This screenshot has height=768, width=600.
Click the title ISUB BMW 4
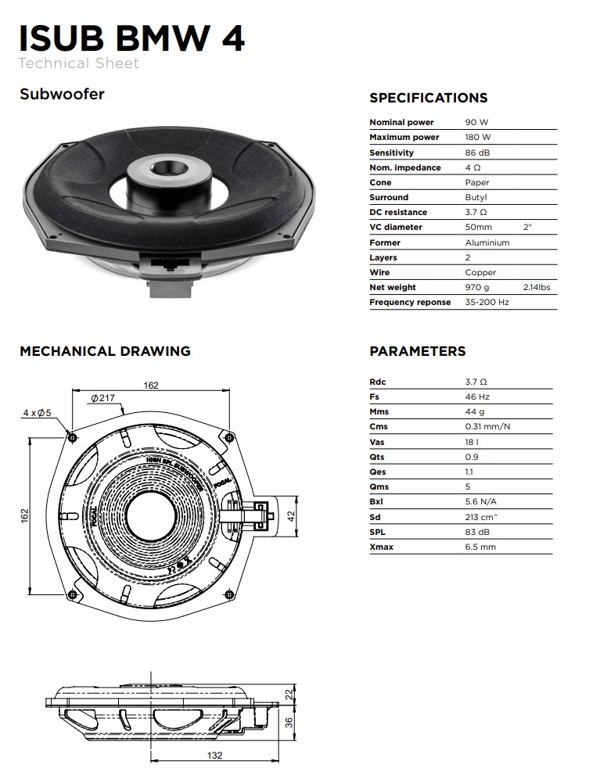tap(131, 38)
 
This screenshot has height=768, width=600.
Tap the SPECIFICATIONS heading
tap(429, 98)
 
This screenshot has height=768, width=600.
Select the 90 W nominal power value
tap(476, 122)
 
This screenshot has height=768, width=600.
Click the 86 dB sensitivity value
tap(477, 153)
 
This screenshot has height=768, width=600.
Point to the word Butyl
tap(476, 197)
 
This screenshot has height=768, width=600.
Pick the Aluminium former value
tap(487, 242)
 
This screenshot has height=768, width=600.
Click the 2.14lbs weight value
tap(537, 287)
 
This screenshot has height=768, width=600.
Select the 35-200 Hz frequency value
tap(487, 302)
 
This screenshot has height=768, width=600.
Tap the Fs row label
tap(374, 397)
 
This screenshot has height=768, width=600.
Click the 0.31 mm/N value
tap(487, 426)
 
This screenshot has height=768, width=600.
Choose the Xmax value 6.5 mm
tap(480, 547)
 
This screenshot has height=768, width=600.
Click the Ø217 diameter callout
tap(102, 398)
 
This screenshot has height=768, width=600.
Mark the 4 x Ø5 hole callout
tap(37, 413)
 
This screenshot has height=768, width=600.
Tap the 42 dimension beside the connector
tap(290, 516)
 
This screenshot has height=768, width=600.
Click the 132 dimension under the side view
tap(214, 755)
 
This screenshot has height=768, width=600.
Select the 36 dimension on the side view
tap(289, 723)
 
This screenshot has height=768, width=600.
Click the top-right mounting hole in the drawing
tap(228, 437)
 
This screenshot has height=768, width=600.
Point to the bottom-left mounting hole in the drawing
tap(72, 594)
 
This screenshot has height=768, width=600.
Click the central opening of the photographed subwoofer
tap(168, 168)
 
